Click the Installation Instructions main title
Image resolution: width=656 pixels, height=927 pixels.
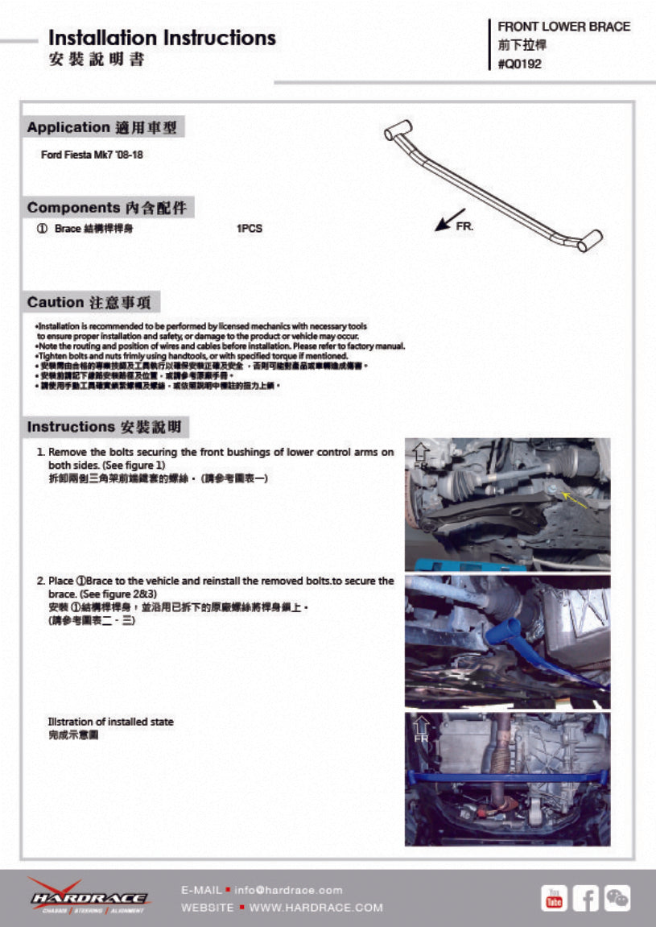pyautogui.click(x=162, y=38)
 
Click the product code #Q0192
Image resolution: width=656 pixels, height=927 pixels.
pyautogui.click(x=519, y=64)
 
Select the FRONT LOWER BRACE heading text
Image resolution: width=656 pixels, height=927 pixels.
pyautogui.click(x=563, y=27)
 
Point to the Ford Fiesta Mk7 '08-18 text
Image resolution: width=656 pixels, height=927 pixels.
pyautogui.click(x=92, y=154)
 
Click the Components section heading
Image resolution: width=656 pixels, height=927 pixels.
pyautogui.click(x=109, y=208)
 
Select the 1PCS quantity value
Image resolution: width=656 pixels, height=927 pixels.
pyautogui.click(x=249, y=229)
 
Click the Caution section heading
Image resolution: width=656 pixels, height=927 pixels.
pyautogui.click(x=93, y=303)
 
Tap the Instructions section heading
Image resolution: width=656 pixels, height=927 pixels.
pyautogui.click(x=107, y=427)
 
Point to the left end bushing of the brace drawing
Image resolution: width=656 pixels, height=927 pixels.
pyautogui.click(x=398, y=130)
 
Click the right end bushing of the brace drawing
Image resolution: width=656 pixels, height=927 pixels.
pyautogui.click(x=590, y=240)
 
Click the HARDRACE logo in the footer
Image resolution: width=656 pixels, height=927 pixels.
pyautogui.click(x=88, y=896)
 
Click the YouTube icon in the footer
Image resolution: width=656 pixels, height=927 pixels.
pyautogui.click(x=554, y=898)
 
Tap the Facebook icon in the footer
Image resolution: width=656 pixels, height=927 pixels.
pyautogui.click(x=585, y=898)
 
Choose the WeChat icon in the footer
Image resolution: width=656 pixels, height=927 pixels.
pyautogui.click(x=617, y=898)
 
